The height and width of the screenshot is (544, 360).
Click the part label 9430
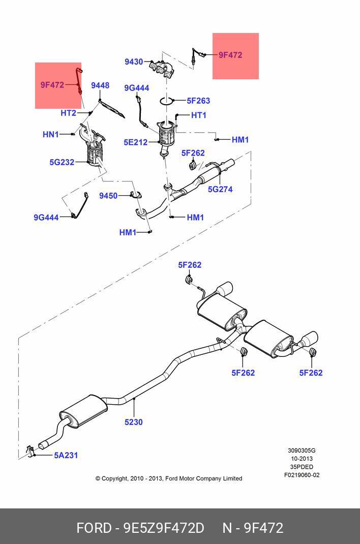click(134, 62)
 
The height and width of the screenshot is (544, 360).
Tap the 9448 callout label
click(100, 85)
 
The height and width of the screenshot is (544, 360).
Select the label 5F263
click(198, 101)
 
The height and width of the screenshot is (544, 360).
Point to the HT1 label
click(199, 115)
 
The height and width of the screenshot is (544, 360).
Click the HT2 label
click(68, 113)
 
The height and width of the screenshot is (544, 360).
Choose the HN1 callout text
click(51, 134)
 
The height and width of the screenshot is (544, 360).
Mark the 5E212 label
click(135, 142)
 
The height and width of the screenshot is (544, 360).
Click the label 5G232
click(62, 163)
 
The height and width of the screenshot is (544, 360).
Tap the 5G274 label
click(220, 189)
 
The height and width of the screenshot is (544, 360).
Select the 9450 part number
click(108, 196)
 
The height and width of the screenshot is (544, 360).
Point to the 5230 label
click(134, 422)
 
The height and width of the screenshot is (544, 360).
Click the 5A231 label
click(66, 456)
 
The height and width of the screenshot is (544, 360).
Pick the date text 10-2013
click(302, 459)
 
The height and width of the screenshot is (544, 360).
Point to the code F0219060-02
click(302, 475)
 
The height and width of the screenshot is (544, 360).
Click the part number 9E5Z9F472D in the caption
click(164, 528)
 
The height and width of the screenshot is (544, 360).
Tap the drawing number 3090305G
click(302, 450)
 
